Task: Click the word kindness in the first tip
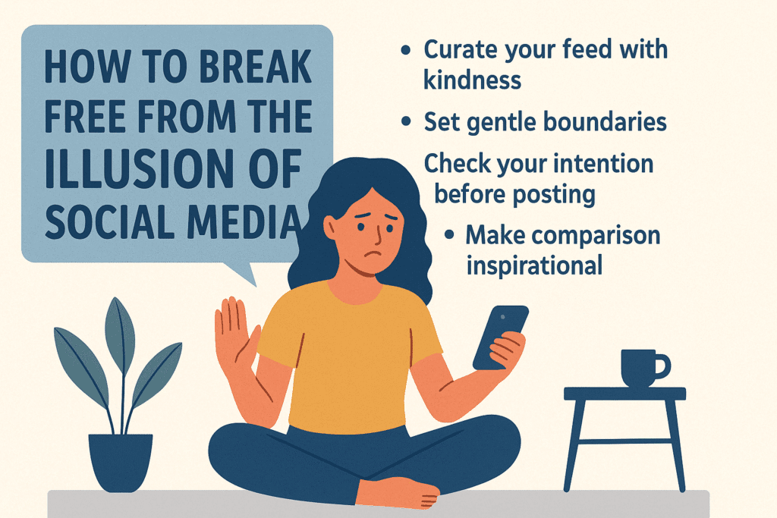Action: click(x=472, y=80)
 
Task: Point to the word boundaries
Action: click(x=604, y=121)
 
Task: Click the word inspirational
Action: click(x=534, y=265)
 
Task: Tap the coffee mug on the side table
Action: click(x=637, y=369)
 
